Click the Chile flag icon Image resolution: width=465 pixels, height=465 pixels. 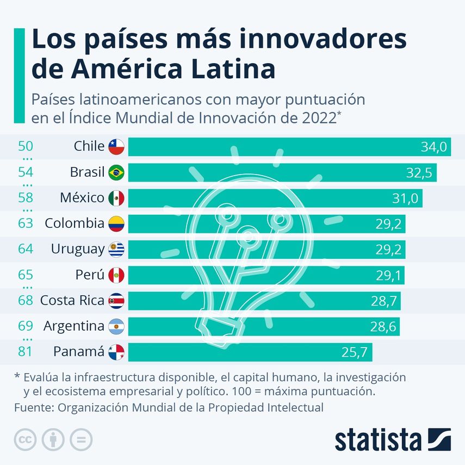(116, 146)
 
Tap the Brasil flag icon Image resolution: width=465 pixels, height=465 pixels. (116, 172)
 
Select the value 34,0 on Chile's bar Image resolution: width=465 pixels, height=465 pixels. (433, 147)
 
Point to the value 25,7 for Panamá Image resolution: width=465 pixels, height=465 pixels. (356, 352)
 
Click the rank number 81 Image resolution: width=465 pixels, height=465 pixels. (26, 352)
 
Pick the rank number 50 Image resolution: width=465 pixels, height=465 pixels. (26, 146)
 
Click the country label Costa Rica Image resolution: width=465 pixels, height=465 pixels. (72, 300)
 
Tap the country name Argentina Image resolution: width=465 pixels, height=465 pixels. (73, 326)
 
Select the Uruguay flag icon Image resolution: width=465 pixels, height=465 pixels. (116, 249)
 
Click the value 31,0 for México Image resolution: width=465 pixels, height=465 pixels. (405, 199)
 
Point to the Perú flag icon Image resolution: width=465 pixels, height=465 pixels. (116, 275)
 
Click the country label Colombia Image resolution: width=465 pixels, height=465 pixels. (75, 224)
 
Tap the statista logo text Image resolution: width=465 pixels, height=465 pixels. (378, 440)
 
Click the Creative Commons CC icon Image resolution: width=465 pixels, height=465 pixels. (25, 439)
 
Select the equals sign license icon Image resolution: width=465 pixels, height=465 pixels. (81, 439)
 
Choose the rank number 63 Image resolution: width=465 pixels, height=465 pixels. (26, 224)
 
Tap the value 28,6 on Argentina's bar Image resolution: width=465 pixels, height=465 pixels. (383, 327)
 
